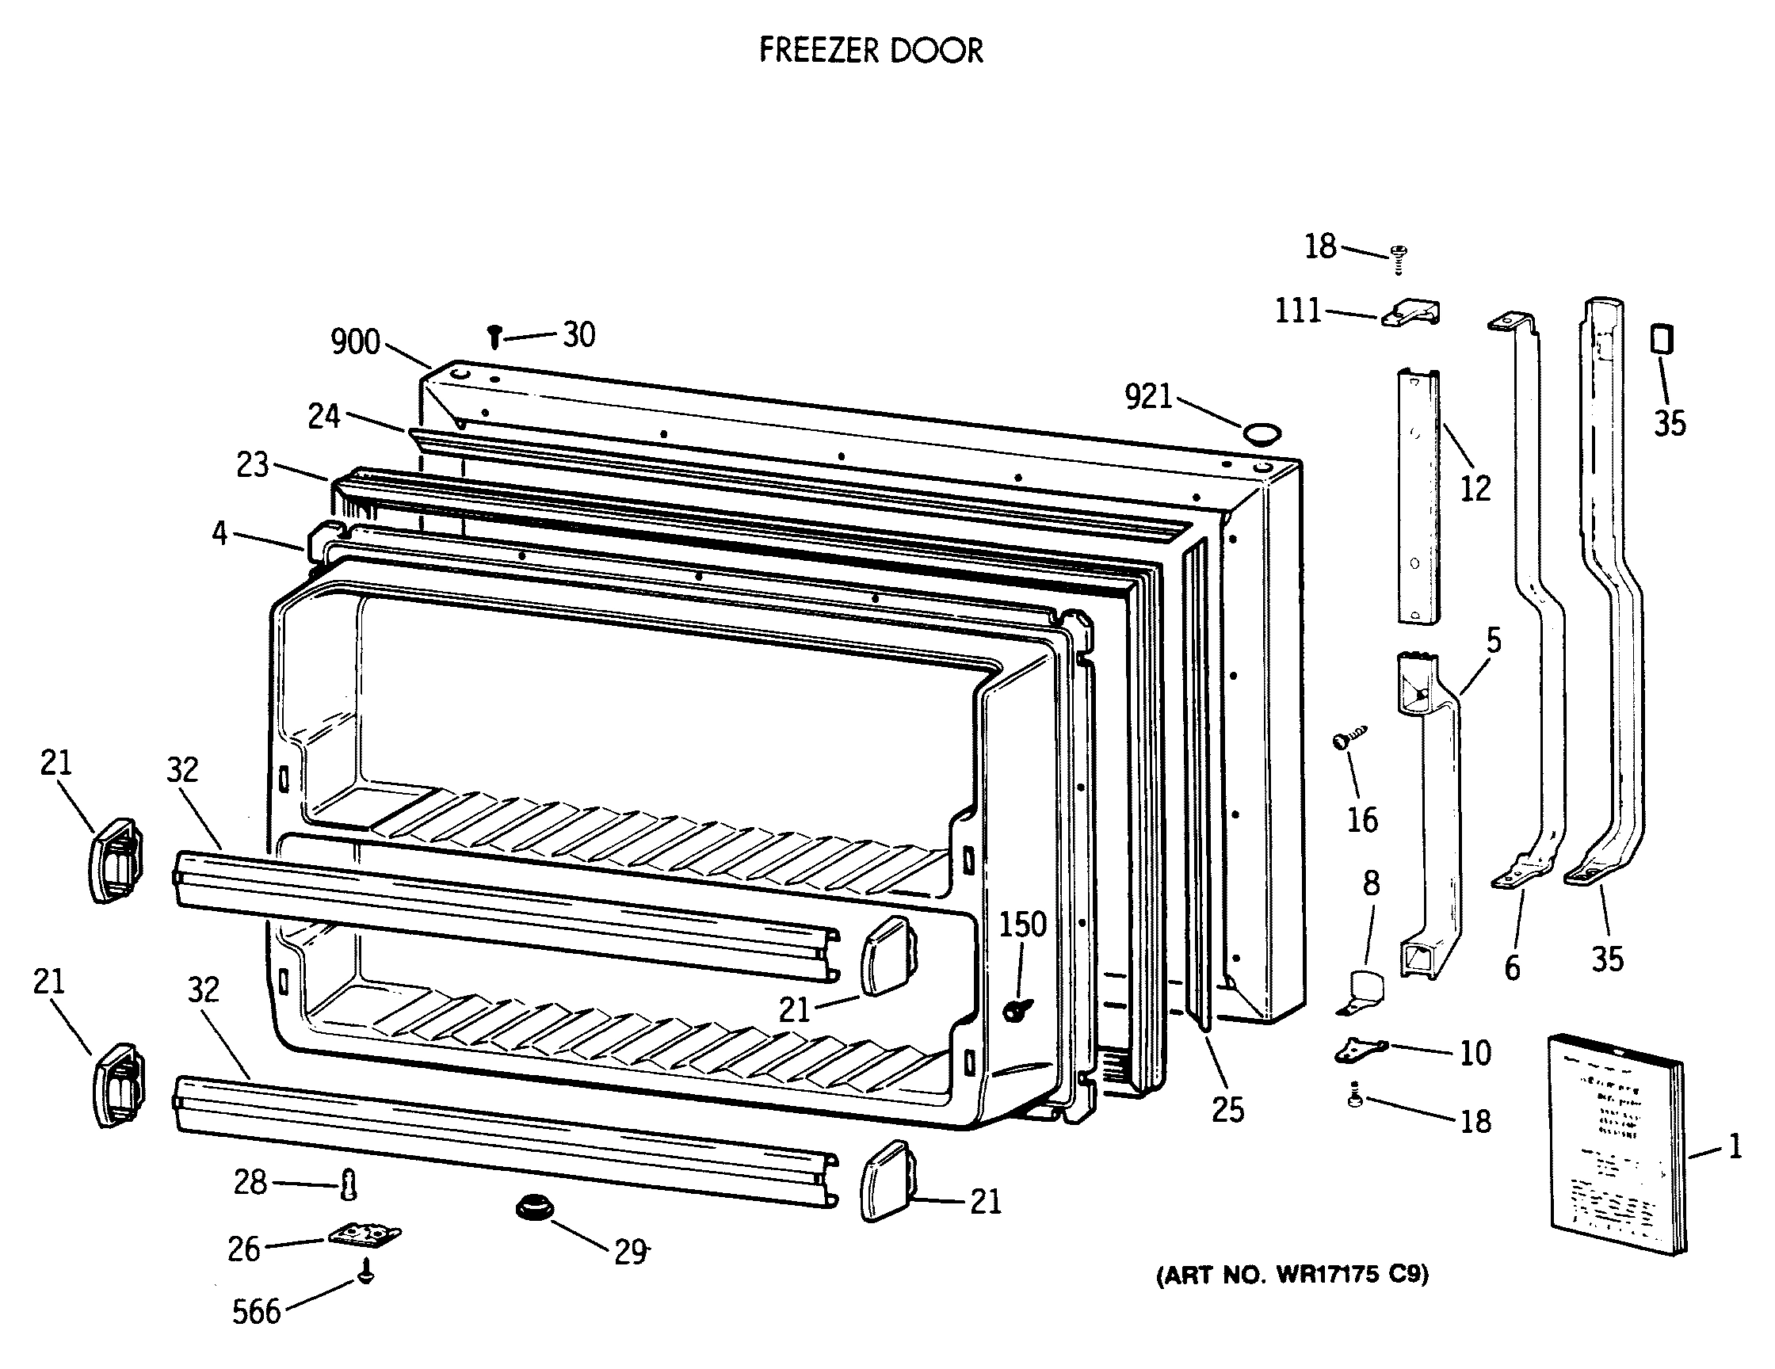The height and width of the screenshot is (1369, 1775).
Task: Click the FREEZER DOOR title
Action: pos(870,51)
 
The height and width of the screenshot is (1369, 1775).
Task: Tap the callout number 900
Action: pos(355,342)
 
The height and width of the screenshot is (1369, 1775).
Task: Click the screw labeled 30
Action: pos(494,336)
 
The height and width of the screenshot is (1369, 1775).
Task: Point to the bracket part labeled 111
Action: pos(1413,313)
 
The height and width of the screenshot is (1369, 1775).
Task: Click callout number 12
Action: pos(1475,488)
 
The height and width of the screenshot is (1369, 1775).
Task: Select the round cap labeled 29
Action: pos(533,1207)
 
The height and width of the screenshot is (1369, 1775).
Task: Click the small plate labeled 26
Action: pos(365,1236)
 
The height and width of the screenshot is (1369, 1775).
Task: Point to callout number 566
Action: pos(256,1311)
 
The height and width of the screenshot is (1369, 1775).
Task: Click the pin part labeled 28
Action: pos(349,1184)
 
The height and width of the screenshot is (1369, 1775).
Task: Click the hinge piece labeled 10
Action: pos(1360,1050)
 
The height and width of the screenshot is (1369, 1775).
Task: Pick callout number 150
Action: pos(1021,925)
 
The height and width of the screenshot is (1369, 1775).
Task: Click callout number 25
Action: pos(1227,1110)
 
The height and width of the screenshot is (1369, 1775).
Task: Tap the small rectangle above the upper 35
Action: pos(1662,339)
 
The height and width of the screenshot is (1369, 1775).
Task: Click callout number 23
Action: pos(253,465)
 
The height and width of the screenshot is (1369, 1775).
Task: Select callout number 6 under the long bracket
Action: pos(1511,967)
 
